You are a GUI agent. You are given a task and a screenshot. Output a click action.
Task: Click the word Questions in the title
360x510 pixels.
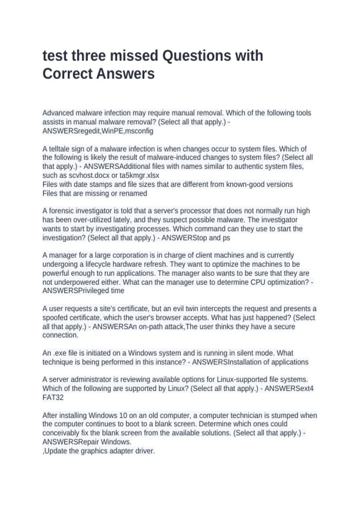(x=191, y=56)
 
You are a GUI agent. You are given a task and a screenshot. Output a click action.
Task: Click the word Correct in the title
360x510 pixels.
(x=70, y=74)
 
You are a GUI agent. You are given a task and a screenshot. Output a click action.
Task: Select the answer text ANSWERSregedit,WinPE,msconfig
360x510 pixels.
(x=98, y=131)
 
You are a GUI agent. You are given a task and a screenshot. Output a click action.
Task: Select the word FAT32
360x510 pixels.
(x=53, y=397)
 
